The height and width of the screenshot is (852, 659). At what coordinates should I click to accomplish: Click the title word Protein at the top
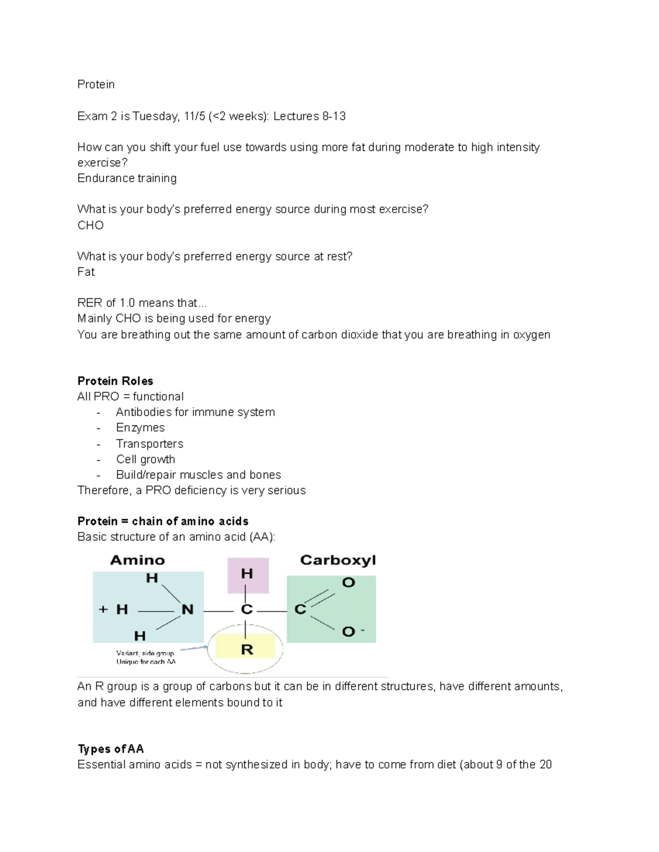click(96, 84)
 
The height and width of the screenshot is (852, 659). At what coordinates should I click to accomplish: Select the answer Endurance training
click(127, 178)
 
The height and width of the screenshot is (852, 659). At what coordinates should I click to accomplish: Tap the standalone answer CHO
click(91, 225)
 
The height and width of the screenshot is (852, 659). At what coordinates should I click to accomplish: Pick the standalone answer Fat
click(86, 272)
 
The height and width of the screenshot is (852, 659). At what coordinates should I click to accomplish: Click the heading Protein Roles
click(115, 381)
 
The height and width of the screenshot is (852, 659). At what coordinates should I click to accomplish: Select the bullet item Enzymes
click(140, 428)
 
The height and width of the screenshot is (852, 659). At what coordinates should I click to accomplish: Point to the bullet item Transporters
click(149, 444)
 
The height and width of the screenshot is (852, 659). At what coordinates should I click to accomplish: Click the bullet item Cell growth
click(146, 459)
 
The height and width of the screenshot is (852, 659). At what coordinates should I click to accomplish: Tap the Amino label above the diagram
click(137, 560)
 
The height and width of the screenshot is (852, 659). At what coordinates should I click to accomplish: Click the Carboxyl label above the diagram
click(338, 560)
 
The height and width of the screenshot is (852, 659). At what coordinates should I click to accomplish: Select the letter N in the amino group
click(187, 610)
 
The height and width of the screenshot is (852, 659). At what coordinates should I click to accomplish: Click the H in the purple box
click(247, 574)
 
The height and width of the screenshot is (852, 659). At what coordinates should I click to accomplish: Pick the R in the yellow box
click(247, 650)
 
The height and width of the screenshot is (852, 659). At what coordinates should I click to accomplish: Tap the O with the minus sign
click(350, 632)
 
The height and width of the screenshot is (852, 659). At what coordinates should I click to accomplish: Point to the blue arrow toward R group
click(193, 648)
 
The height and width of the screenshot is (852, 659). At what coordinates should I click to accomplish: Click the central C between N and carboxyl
click(247, 610)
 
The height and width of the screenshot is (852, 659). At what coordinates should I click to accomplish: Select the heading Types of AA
click(111, 749)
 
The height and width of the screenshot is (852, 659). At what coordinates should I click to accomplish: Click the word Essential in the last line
click(100, 765)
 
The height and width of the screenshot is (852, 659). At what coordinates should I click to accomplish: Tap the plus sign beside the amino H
click(103, 609)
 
